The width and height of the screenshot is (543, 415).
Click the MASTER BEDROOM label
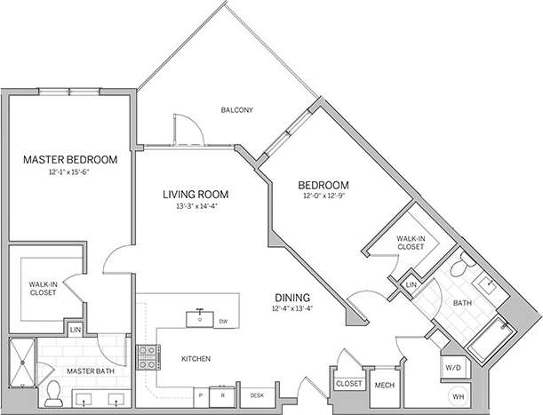[x=70, y=159]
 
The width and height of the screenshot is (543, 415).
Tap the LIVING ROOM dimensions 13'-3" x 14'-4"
[x=196, y=205]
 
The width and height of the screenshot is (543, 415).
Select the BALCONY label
[x=237, y=110]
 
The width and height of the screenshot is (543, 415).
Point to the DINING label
[x=291, y=298]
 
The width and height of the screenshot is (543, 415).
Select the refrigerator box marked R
[x=223, y=394]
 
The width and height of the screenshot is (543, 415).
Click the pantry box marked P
[x=201, y=394]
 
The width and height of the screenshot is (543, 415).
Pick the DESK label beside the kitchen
[x=256, y=395]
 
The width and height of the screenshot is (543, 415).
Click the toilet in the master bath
[x=52, y=389]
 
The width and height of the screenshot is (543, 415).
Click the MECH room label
[x=384, y=385]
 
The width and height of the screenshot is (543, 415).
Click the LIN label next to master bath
[x=76, y=330]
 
